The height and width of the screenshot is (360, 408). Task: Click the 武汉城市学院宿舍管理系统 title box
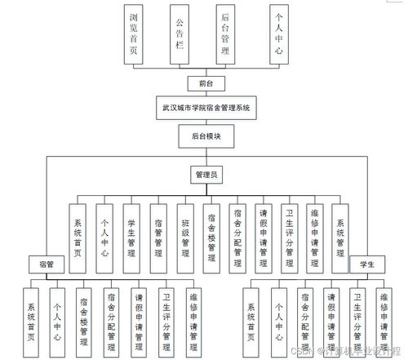pos(207,107)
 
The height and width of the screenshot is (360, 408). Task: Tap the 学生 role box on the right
pos(367,264)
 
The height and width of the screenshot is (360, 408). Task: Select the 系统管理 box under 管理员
pos(340,237)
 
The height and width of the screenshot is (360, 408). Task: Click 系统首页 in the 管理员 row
pos(77,237)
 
